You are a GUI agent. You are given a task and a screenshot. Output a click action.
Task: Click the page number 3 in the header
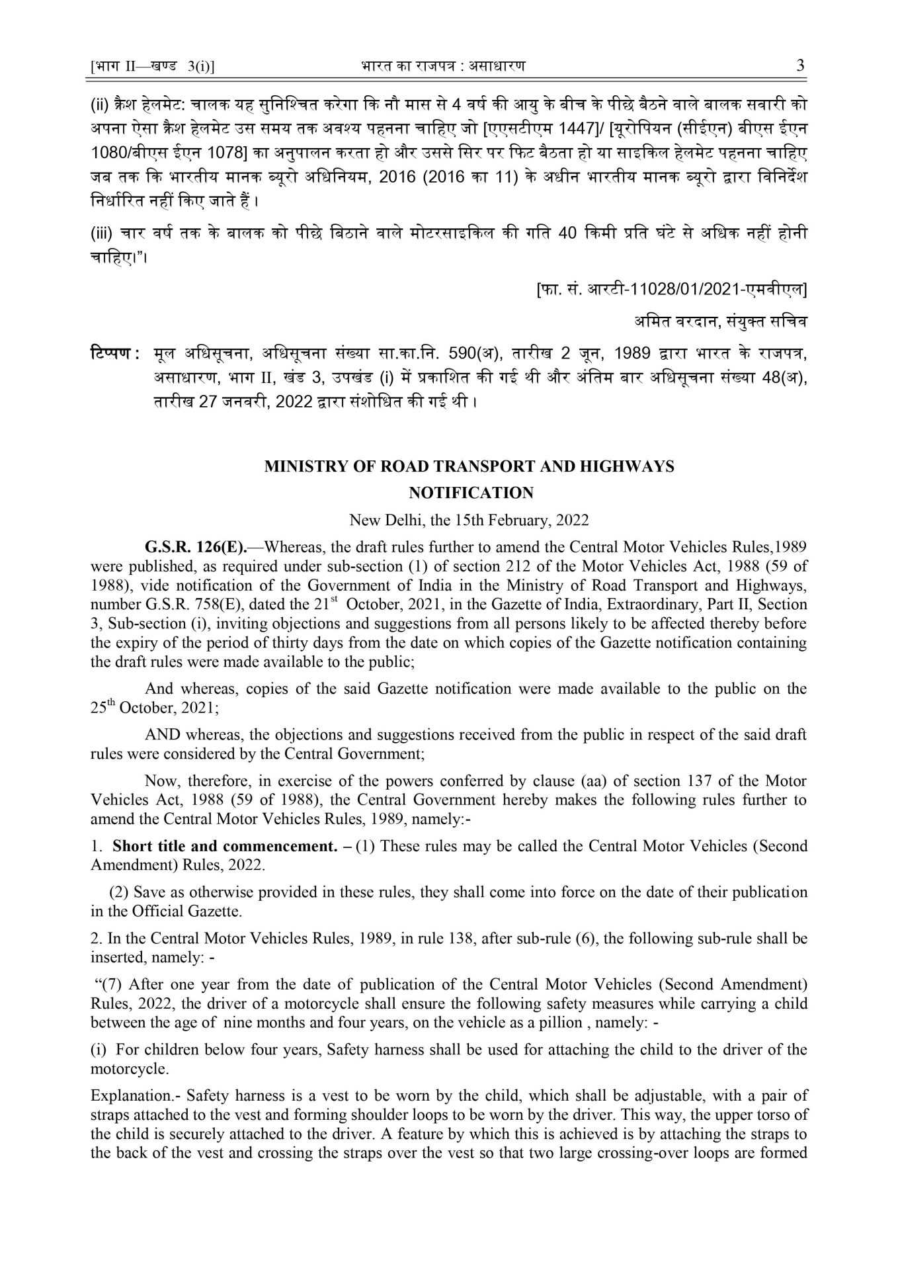coord(801,66)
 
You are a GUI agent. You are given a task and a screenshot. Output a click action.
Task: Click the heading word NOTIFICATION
coord(471,493)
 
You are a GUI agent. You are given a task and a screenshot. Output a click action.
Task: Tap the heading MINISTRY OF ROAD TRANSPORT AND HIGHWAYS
coord(469,466)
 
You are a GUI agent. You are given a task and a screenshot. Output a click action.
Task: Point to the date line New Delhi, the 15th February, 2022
coord(469,520)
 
